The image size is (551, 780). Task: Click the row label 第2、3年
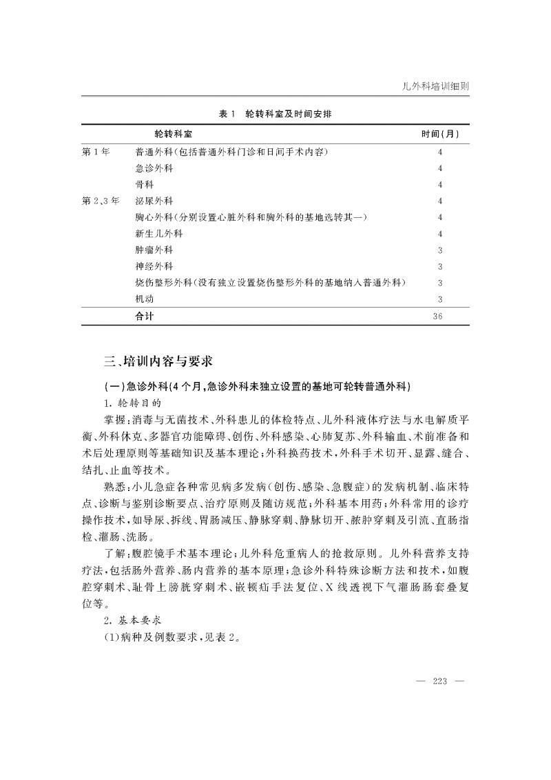tap(101, 201)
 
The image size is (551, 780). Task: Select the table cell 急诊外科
tap(154, 168)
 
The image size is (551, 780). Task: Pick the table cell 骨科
tap(145, 185)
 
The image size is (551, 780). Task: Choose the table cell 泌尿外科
tap(154, 201)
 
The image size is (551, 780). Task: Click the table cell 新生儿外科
tap(159, 234)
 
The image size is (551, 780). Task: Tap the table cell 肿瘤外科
tap(154, 250)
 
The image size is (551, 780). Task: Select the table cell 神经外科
tap(154, 266)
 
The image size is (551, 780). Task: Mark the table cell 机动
tap(145, 299)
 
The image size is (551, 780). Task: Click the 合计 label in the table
tap(145, 316)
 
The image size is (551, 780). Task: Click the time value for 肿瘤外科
tap(439, 250)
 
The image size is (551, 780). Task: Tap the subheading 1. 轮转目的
tap(136, 401)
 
